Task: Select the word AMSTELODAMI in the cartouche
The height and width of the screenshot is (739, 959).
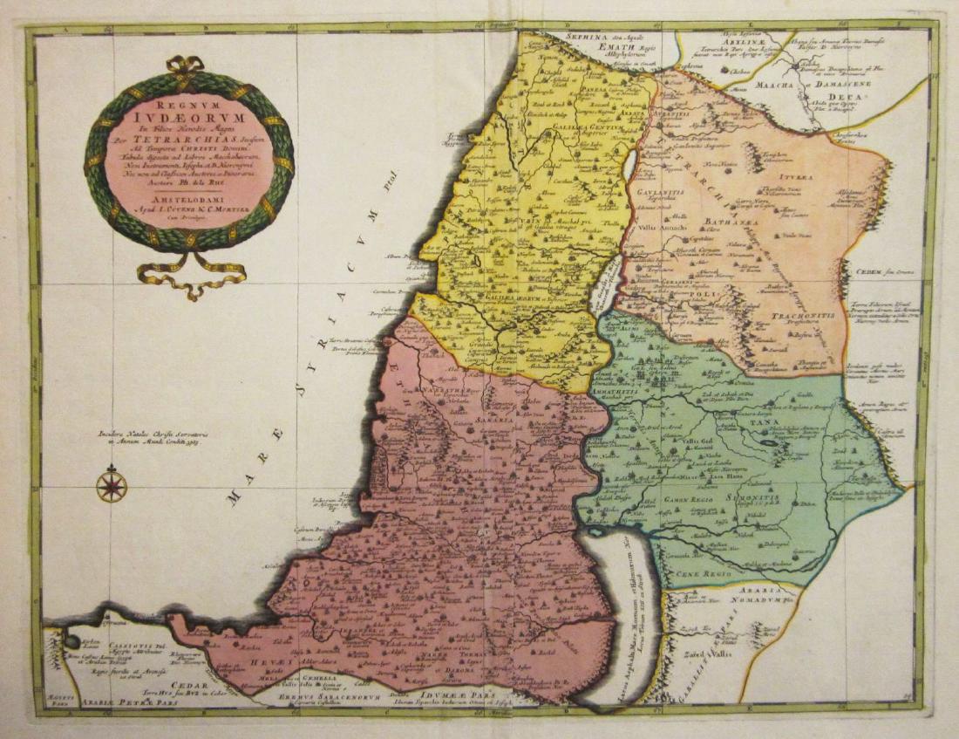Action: click(x=188, y=199)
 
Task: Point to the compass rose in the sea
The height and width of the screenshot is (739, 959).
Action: click(x=112, y=485)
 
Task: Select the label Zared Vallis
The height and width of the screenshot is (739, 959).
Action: click(x=706, y=652)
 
